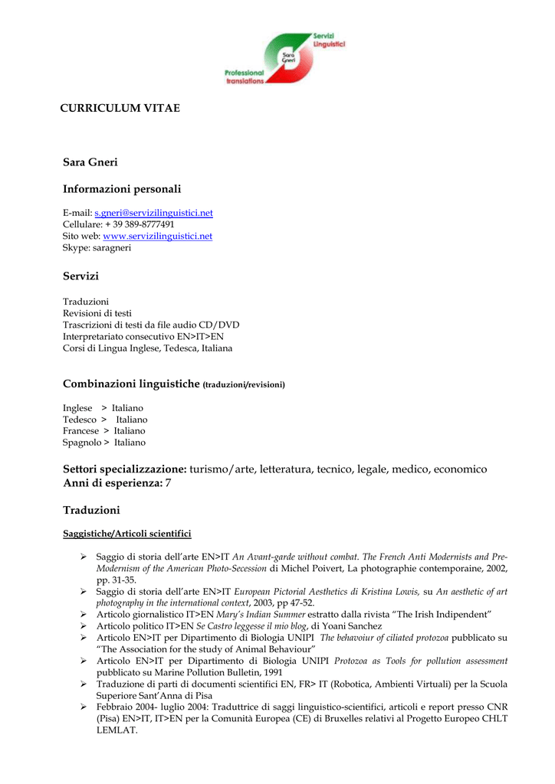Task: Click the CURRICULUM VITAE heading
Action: click(121, 108)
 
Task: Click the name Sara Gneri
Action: click(90, 162)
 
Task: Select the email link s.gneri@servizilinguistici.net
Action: click(153, 213)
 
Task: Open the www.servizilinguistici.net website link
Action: click(157, 237)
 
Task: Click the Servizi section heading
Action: click(80, 276)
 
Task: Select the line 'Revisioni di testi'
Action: click(97, 313)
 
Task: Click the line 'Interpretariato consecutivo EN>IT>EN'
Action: click(143, 336)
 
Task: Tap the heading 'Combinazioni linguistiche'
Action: click(131, 384)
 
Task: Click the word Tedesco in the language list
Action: click(80, 420)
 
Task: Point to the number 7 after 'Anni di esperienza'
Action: click(169, 484)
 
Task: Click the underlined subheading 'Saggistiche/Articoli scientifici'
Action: click(126, 534)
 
